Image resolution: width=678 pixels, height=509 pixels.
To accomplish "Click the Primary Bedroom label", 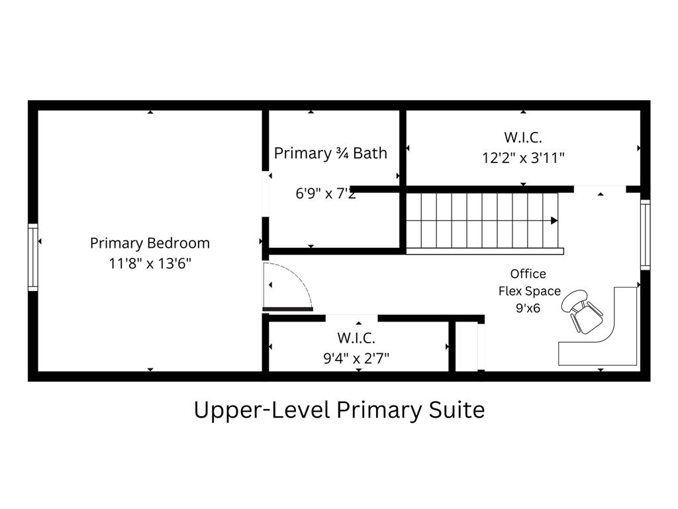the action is pyautogui.click(x=150, y=243).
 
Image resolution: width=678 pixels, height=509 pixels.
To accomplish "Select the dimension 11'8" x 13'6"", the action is pyautogui.click(x=150, y=263).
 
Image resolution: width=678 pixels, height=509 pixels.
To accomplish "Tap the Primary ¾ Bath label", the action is pyautogui.click(x=330, y=153).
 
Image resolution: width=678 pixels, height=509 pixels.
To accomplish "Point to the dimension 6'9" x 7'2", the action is pyautogui.click(x=326, y=193).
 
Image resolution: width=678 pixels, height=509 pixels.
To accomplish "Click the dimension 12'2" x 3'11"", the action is pyautogui.click(x=523, y=158).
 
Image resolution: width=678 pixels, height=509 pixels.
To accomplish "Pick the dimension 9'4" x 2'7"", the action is pyautogui.click(x=356, y=359).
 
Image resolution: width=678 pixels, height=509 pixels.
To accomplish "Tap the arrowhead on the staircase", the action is pyautogui.click(x=554, y=221).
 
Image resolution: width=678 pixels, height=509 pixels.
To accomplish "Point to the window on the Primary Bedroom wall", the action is pyautogui.click(x=33, y=257).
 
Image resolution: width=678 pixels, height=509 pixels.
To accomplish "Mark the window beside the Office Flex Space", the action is pyautogui.click(x=645, y=235).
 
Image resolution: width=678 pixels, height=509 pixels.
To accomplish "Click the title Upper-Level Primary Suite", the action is pyautogui.click(x=339, y=410).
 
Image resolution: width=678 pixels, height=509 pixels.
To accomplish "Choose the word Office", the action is pyautogui.click(x=528, y=274).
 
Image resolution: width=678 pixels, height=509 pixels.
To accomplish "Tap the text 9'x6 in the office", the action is pyautogui.click(x=528, y=308).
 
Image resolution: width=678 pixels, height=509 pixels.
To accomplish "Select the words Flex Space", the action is pyautogui.click(x=529, y=292).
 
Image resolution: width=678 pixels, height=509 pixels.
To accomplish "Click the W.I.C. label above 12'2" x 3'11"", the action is pyautogui.click(x=523, y=137).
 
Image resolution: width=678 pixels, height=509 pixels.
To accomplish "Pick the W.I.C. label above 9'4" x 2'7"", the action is pyautogui.click(x=356, y=337).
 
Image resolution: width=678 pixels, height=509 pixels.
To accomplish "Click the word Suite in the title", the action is pyautogui.click(x=457, y=410).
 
